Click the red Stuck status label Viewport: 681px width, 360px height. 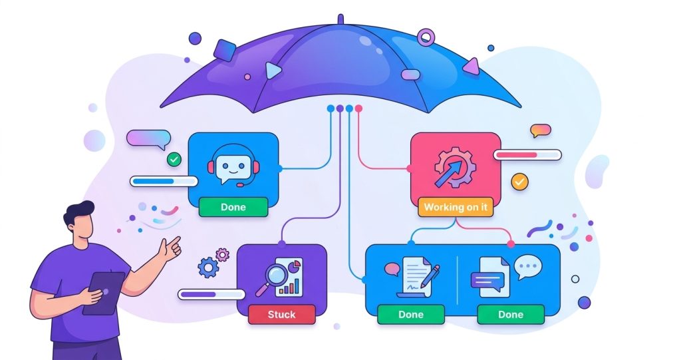(281, 314)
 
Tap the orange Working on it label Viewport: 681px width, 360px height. (456, 207)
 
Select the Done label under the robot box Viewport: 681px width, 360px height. (233, 207)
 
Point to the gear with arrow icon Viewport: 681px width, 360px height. (455, 168)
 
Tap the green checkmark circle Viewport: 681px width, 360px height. (174, 160)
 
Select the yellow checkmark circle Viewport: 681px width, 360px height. (519, 182)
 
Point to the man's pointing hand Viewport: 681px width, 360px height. (170, 249)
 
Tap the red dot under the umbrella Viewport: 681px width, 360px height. (358, 108)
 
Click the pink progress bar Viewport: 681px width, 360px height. (527, 155)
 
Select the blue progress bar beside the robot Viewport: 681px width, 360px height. (164, 181)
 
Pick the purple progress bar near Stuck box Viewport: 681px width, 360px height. (211, 294)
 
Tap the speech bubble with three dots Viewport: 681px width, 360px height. (528, 267)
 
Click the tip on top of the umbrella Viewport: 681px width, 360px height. (340, 19)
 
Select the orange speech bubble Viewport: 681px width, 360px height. (540, 130)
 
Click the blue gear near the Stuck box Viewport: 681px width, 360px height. (208, 268)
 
